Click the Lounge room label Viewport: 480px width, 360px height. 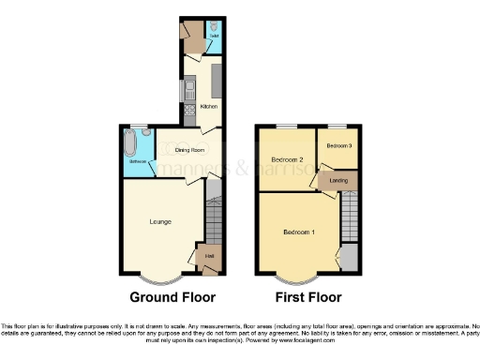[159, 222]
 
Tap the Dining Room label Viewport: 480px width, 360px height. [188, 149]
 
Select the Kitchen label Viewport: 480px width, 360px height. [209, 107]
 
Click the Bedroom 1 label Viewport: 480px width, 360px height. [300, 232]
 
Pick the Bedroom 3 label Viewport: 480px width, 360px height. [339, 145]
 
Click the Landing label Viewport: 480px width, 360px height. [339, 180]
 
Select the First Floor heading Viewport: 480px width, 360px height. [308, 298]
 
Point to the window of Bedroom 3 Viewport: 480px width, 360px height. [337, 126]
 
